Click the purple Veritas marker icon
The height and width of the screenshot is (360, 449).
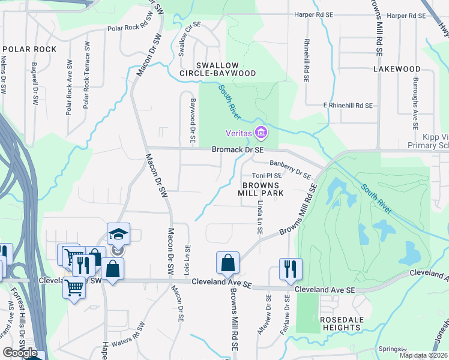click(261, 132)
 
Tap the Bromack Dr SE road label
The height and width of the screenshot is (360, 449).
click(238, 149)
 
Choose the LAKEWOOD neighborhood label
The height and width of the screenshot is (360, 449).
click(397, 69)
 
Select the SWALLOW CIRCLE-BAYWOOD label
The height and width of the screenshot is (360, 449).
click(218, 69)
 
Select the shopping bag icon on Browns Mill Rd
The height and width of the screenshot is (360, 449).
click(228, 262)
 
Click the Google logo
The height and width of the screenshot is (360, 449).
click(20, 353)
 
